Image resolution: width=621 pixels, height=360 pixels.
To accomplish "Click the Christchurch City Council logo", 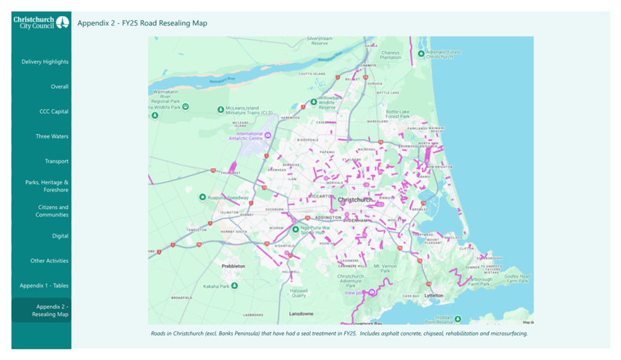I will (41, 23).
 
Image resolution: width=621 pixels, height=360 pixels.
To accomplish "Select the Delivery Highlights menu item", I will (45, 62).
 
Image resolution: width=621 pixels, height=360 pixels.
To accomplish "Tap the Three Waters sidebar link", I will (52, 136).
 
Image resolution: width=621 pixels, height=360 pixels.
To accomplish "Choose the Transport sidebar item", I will (56, 161).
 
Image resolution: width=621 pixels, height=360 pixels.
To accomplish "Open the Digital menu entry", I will (60, 236).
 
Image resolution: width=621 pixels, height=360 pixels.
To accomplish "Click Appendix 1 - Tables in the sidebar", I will (44, 286).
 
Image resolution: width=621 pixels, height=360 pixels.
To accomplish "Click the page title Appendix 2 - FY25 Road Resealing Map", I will (142, 24).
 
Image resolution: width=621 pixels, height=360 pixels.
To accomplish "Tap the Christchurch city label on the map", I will (355, 200).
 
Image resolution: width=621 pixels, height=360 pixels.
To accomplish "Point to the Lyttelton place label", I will (434, 296).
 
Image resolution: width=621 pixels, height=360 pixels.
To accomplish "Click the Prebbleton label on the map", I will (233, 266).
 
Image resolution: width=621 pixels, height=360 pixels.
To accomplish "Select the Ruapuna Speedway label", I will (228, 198).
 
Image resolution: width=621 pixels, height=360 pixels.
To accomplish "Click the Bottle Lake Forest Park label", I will (397, 114).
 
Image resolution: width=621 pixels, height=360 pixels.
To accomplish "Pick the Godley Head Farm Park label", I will (517, 279).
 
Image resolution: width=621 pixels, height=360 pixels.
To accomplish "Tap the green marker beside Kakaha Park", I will (235, 286).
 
